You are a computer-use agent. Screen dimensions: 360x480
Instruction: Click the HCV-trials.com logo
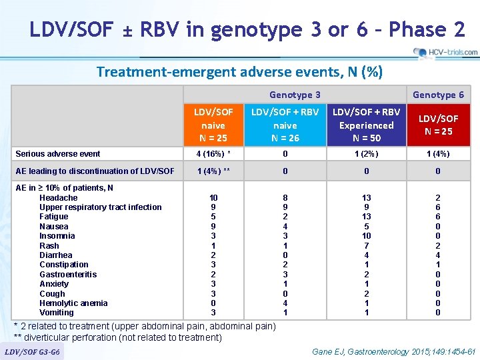pos(445,52)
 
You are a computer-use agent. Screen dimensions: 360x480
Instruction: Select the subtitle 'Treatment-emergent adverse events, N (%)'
pos(239,72)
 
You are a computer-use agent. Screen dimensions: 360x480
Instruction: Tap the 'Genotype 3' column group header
pos(295,95)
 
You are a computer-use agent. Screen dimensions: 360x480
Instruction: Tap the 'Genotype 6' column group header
pos(438,95)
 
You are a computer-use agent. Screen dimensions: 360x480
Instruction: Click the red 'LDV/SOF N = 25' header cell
pos(438,125)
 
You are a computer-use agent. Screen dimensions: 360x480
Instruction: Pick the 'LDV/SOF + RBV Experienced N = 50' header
pos(366,125)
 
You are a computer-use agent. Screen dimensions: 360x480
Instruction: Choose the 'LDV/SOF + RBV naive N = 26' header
pos(284,125)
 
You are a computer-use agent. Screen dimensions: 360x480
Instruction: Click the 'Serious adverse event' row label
pos(58,154)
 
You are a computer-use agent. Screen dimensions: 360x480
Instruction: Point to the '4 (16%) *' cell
pos(213,154)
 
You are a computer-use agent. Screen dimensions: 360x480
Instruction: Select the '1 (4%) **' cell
pos(213,171)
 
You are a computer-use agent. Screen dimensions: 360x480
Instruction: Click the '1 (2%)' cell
pos(366,154)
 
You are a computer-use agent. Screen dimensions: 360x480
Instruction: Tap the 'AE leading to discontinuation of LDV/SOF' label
pos(94,171)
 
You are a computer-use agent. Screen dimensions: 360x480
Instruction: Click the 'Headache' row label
pos(59,198)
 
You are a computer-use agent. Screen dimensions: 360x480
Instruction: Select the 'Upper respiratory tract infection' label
pos(101,207)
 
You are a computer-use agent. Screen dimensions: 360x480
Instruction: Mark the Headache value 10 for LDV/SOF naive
pos(213,198)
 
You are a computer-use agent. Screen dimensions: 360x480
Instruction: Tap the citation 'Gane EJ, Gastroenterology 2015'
pos(394,351)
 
